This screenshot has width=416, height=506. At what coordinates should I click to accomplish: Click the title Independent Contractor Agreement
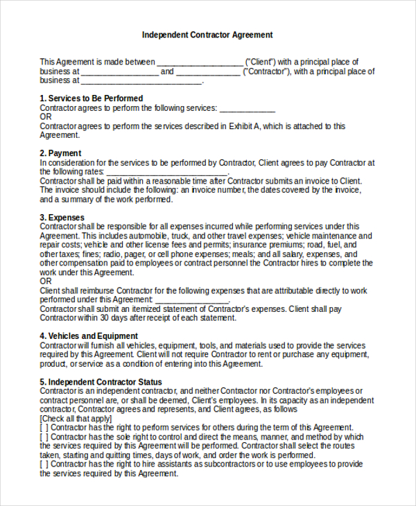pos(207,35)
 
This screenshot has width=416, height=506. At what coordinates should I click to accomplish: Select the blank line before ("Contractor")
pos(208,72)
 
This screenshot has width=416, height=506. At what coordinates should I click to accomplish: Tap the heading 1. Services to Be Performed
pos(92,98)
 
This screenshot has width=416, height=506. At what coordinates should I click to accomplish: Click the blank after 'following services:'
pos(248,109)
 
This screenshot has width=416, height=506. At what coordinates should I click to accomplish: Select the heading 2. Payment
pos(60,153)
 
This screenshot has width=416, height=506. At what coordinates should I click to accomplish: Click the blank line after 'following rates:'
pos(157,172)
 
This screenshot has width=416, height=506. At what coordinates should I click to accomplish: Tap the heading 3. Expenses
pos(62,217)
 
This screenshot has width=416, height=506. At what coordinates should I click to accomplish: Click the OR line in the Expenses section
pos(46,281)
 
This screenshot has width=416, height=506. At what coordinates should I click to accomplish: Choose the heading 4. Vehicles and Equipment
pos(89,336)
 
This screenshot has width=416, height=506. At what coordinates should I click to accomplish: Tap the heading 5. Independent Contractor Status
pos(101,382)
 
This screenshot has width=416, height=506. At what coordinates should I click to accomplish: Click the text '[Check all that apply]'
pos(76,419)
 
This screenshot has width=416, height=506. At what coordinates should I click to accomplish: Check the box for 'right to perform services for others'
pos(44,428)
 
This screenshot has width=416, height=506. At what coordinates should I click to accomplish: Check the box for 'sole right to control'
pos(44,437)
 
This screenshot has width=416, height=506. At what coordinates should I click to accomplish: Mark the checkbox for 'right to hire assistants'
pos(44,464)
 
